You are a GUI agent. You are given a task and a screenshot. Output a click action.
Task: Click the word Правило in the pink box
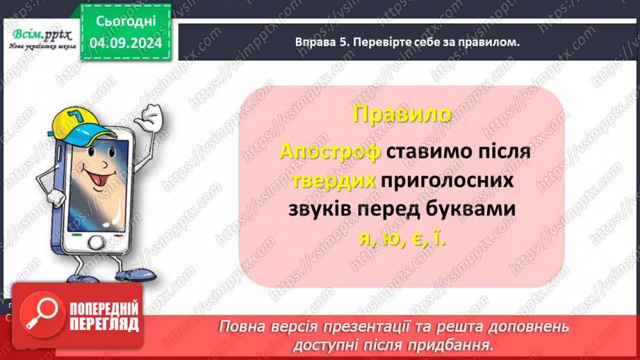click(401, 115)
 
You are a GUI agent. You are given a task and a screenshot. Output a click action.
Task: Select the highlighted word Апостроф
click(330, 152)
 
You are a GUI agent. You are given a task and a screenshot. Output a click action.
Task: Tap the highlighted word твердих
click(334, 181)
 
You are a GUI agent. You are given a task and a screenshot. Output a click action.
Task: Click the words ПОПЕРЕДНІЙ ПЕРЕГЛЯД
click(102, 316)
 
